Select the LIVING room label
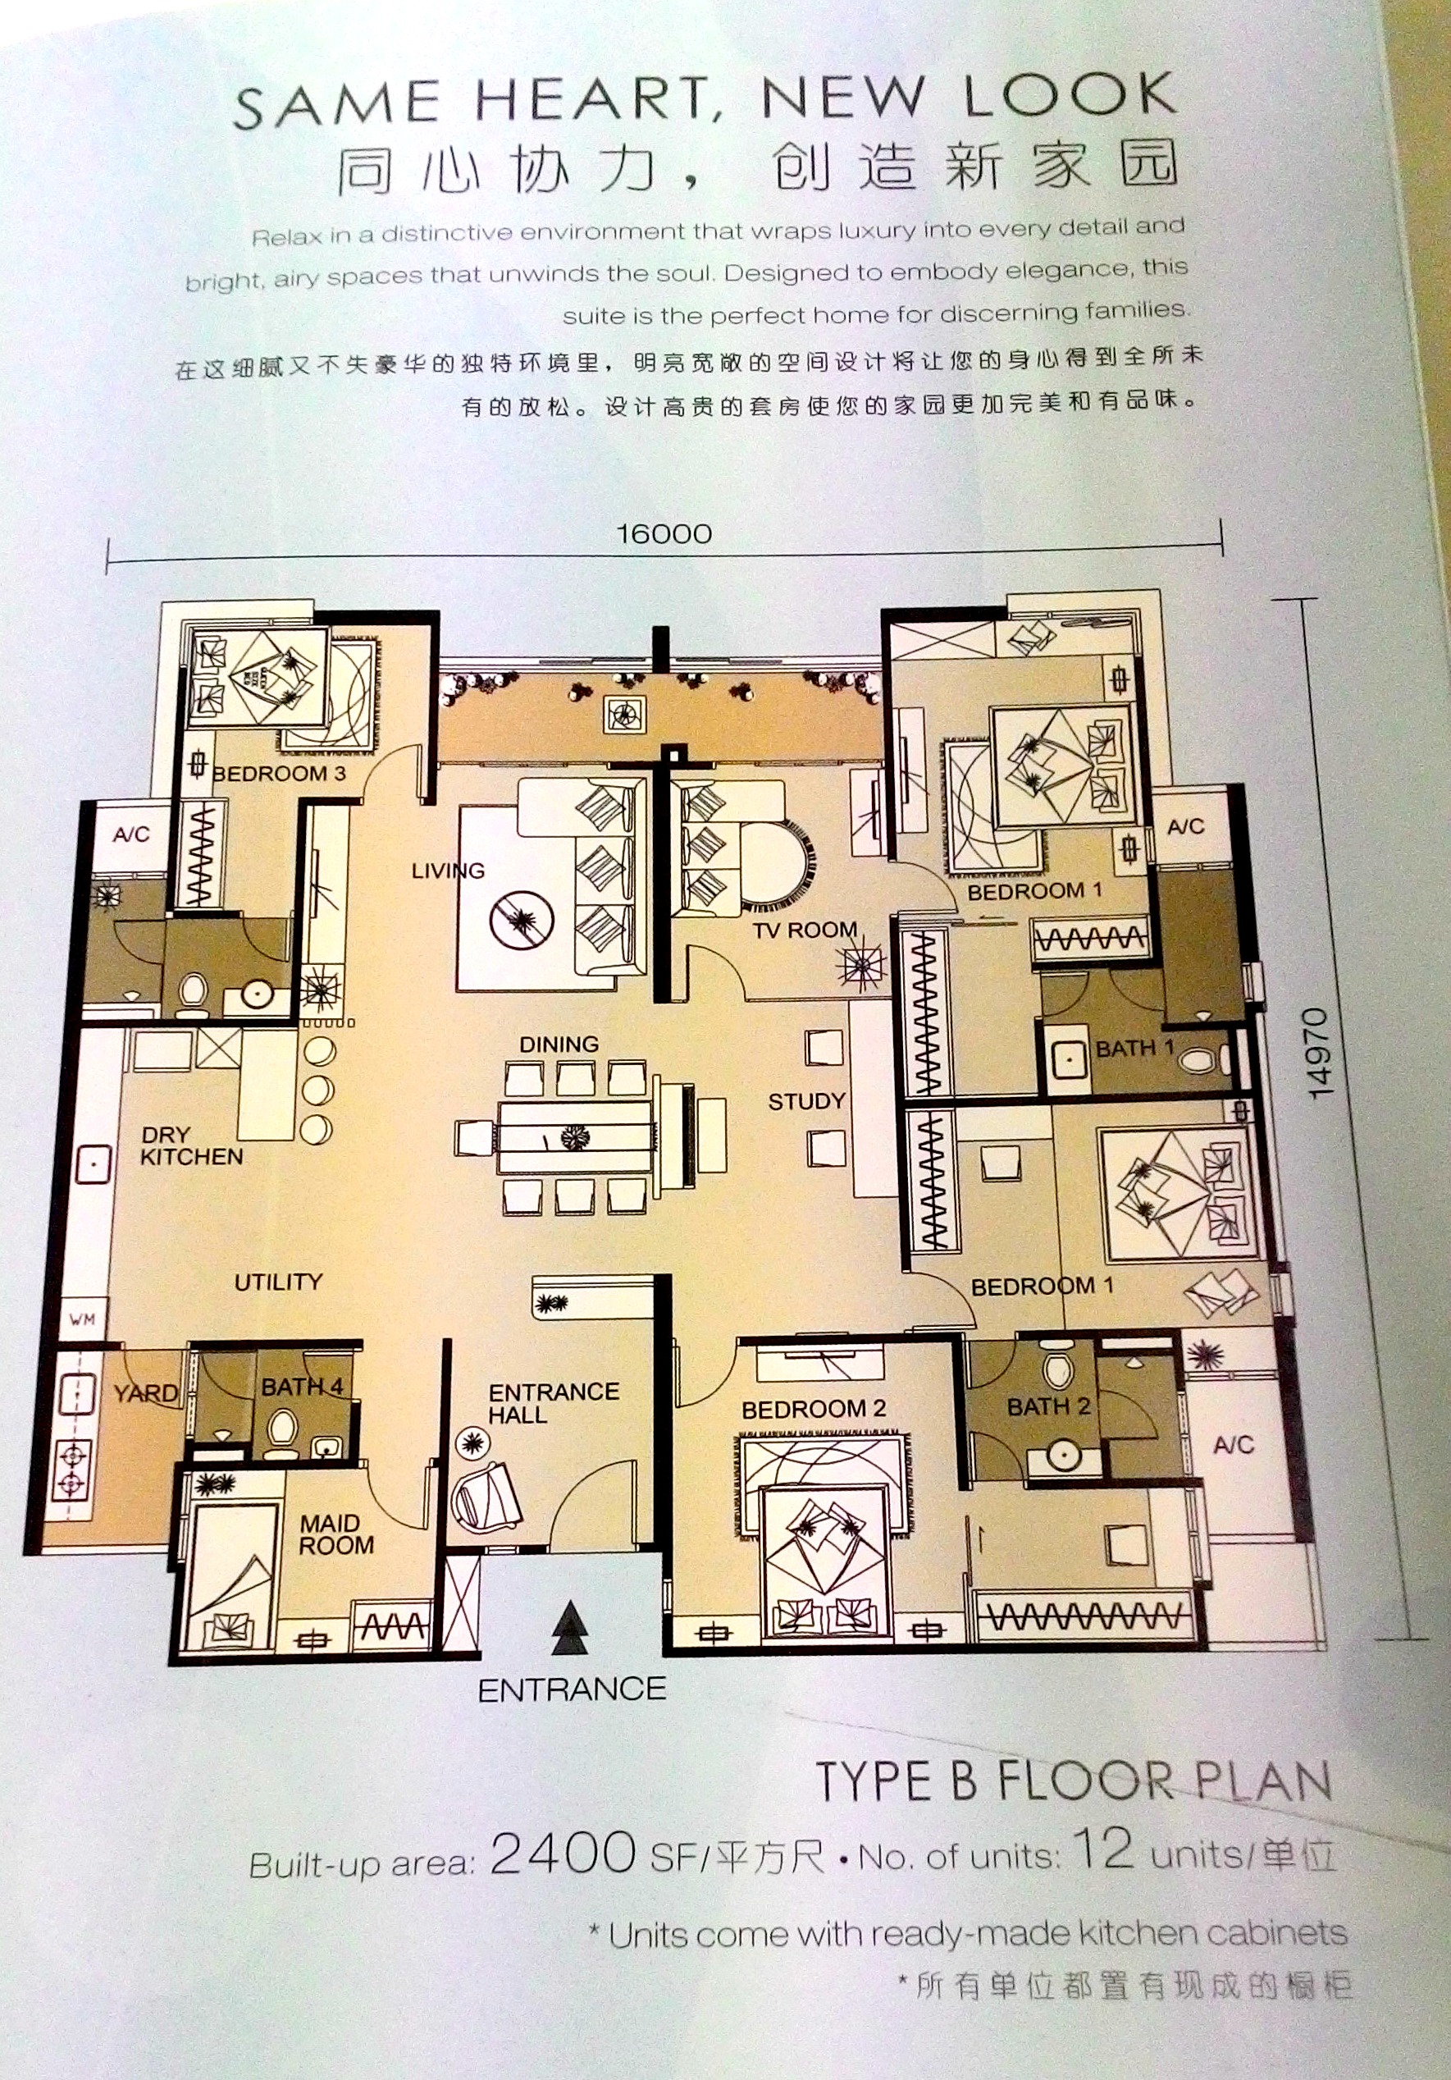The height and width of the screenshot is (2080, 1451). pos(449,871)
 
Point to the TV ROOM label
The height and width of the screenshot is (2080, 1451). pos(805,930)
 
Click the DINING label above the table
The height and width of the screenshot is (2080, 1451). pos(559,1045)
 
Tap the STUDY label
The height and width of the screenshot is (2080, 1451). pos(807,1102)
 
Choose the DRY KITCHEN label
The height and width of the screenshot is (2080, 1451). pos(191,1146)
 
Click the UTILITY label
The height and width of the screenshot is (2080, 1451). pos(278,1282)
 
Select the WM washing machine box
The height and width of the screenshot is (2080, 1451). pos(82,1319)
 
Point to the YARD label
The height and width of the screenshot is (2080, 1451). pos(145,1393)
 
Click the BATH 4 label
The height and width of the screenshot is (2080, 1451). pos(303,1387)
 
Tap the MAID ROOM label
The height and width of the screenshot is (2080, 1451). pos(336,1534)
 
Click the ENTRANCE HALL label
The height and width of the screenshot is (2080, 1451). pos(554,1403)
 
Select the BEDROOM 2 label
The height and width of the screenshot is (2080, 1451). pos(814,1410)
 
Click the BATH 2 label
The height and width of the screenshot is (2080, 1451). pos(1049,1407)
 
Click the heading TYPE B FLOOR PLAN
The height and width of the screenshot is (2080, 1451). pos(1075,1781)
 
